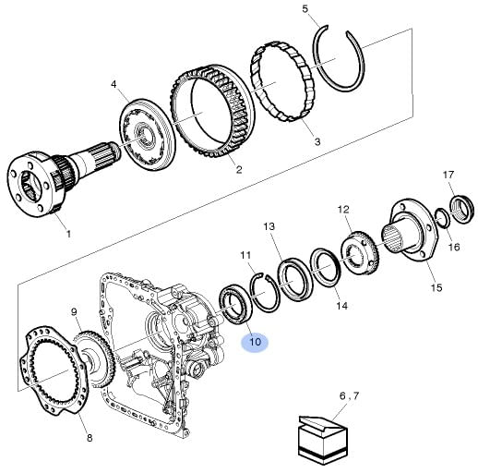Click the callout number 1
pyautogui.click(x=68, y=234)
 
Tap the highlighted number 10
pyautogui.click(x=255, y=342)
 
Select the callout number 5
pyautogui.click(x=305, y=8)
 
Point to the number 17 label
pyautogui.click(x=448, y=175)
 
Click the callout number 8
pyautogui.click(x=90, y=438)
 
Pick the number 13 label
pyautogui.click(x=269, y=226)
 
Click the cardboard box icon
pyautogui.click(x=322, y=440)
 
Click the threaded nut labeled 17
pyautogui.click(x=462, y=209)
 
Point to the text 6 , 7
pyautogui.click(x=349, y=395)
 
